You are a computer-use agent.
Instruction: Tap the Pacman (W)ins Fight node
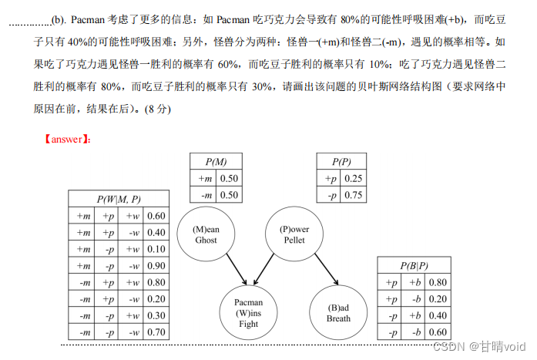[x=248, y=313]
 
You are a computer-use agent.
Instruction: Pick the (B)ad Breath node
[x=338, y=313]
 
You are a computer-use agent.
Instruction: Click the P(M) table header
[x=216, y=162]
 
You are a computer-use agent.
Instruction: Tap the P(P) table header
[x=342, y=162]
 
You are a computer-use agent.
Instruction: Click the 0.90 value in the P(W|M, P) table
[x=156, y=266]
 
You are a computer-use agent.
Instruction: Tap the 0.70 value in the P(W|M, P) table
[x=156, y=332]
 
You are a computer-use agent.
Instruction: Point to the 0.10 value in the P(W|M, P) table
[x=156, y=249]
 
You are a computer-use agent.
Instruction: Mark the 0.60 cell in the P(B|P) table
[x=438, y=332]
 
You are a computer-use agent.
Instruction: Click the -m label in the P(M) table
[x=205, y=195]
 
